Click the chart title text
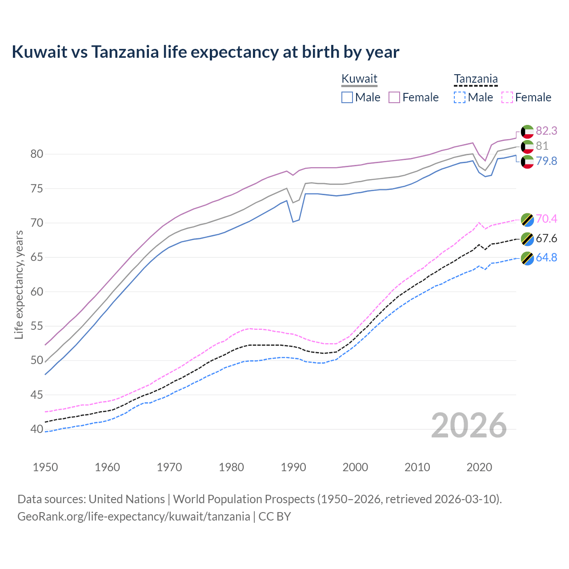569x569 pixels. [x=205, y=52]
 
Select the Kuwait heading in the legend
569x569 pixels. [x=359, y=79]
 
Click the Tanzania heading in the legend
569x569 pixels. [x=476, y=79]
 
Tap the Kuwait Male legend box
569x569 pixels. [x=347, y=97]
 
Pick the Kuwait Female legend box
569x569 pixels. [x=394, y=97]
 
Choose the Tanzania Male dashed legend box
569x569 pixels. [x=460, y=97]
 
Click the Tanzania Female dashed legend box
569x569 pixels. [x=507, y=97]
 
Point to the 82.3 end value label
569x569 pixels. [x=546, y=131]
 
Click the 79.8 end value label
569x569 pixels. [x=546, y=161]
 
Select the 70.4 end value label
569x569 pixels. [x=546, y=219]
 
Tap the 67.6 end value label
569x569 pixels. [x=546, y=239]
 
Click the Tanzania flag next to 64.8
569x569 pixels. [x=527, y=258]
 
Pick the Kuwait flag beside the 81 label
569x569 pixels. [x=527, y=146]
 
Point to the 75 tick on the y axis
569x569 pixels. [x=37, y=188]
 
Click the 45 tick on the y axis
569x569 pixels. [x=37, y=395]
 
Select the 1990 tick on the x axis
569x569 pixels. [x=293, y=467]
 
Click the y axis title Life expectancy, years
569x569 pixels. [x=19, y=284]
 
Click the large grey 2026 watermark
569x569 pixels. [x=469, y=425]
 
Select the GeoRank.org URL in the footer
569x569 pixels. [x=133, y=517]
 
